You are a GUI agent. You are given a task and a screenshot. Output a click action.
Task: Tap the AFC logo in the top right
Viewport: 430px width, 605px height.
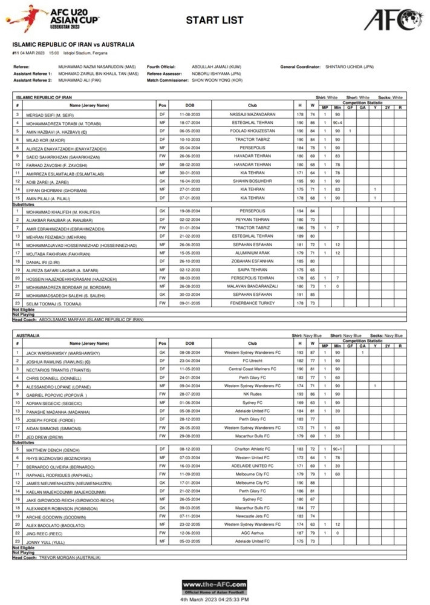point(393,19)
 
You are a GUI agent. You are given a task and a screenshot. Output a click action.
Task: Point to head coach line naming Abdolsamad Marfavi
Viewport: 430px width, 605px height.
point(79,319)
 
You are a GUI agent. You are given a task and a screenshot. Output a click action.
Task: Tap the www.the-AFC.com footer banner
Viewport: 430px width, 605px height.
point(214,587)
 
